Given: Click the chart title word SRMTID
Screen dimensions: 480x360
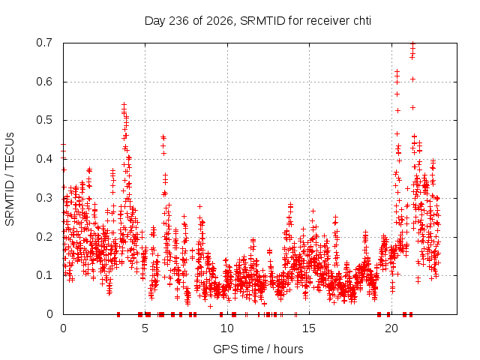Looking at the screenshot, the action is point(262,21).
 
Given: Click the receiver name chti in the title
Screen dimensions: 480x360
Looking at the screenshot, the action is point(362,21).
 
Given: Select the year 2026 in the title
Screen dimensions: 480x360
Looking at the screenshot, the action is point(220,21).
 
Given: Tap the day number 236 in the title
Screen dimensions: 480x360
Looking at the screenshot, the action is point(179,21).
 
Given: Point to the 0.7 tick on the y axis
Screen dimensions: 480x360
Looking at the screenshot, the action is point(44,43).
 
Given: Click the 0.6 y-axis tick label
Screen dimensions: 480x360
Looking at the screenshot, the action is point(44,82).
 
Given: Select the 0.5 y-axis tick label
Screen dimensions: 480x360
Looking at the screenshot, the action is point(44,120).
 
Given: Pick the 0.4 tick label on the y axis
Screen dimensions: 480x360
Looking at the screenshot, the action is point(44,159).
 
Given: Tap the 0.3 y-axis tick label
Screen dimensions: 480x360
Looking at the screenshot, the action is point(44,198).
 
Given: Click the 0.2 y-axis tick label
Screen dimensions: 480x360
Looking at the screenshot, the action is point(44,237).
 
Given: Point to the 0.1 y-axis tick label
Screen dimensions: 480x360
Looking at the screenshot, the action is point(44,275).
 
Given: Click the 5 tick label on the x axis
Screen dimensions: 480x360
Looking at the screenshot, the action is point(145,328).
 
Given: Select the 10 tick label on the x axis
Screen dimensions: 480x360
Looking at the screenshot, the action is point(227,328).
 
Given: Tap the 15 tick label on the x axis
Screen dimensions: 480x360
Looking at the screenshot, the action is point(309,328).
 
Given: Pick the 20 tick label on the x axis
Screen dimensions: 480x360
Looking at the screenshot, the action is point(391,328).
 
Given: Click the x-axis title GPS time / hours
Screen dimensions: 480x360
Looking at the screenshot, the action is point(258,349).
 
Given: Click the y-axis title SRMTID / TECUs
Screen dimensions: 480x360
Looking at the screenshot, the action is point(10,179).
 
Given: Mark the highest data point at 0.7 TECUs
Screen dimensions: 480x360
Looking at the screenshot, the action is point(412,43).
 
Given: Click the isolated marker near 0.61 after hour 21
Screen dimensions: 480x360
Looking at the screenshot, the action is point(412,79).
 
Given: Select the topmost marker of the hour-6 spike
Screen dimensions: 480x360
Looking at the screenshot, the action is point(163,136).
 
